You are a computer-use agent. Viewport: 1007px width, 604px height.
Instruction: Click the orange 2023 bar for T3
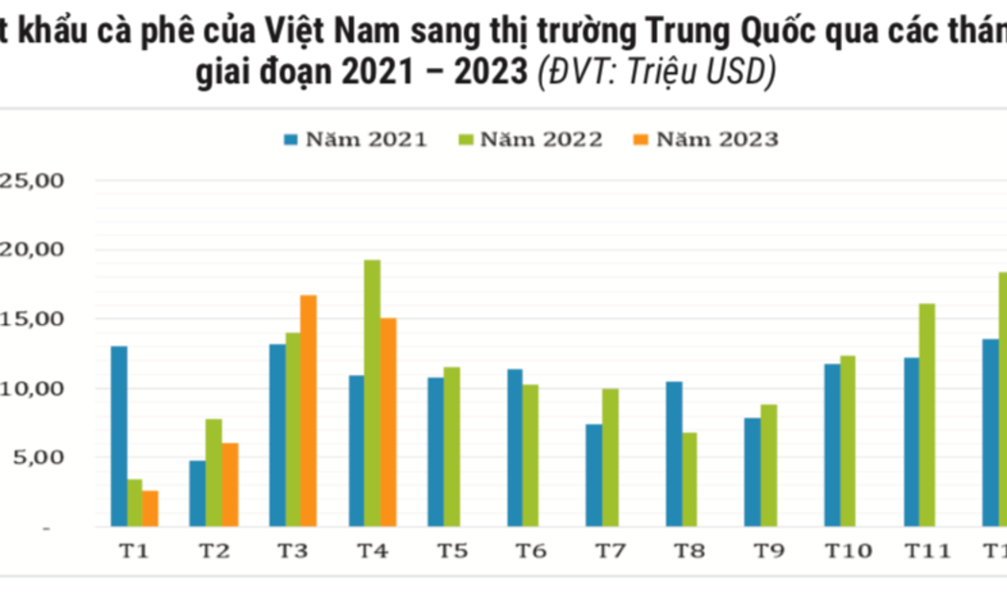[309, 410]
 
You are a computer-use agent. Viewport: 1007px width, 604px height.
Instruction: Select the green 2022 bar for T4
[372, 393]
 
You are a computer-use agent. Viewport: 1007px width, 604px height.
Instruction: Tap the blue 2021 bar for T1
[119, 436]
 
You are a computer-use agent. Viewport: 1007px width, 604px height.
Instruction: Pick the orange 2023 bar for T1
[151, 509]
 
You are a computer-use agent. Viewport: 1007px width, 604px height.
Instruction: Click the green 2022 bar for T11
[927, 415]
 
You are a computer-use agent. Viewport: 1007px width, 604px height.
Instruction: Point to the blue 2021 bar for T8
[674, 454]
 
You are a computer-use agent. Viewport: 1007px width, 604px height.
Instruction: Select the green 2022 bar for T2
[214, 473]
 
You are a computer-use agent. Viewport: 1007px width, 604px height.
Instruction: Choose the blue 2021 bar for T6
[515, 448]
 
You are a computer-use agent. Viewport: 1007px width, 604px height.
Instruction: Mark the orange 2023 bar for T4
[388, 422]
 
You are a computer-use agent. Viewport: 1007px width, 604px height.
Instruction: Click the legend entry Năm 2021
[356, 140]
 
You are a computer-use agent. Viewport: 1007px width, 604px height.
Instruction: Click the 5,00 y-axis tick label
[35, 457]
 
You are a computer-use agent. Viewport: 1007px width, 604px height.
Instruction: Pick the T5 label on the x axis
[452, 551]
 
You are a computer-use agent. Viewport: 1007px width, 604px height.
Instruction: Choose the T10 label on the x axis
[848, 551]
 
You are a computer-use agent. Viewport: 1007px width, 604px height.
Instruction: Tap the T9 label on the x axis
[768, 551]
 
